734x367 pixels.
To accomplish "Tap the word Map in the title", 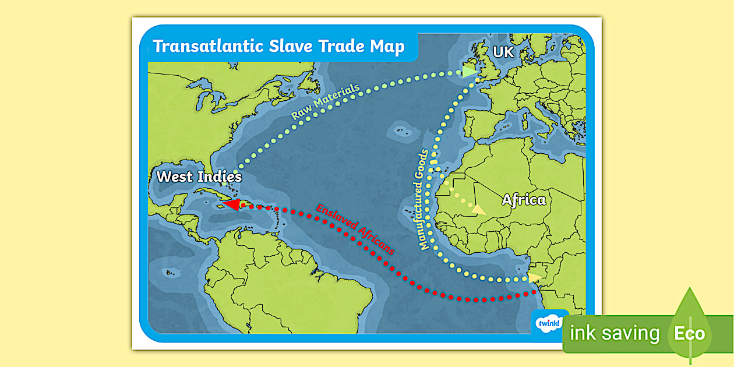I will (387, 47).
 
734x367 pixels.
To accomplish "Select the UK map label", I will (503, 52).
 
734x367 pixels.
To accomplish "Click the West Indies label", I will (199, 176).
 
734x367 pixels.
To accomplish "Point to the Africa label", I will (524, 200).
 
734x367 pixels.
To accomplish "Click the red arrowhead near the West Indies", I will (231, 204).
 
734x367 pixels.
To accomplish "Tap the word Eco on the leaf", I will (690, 334).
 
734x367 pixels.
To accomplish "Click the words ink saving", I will (615, 334).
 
